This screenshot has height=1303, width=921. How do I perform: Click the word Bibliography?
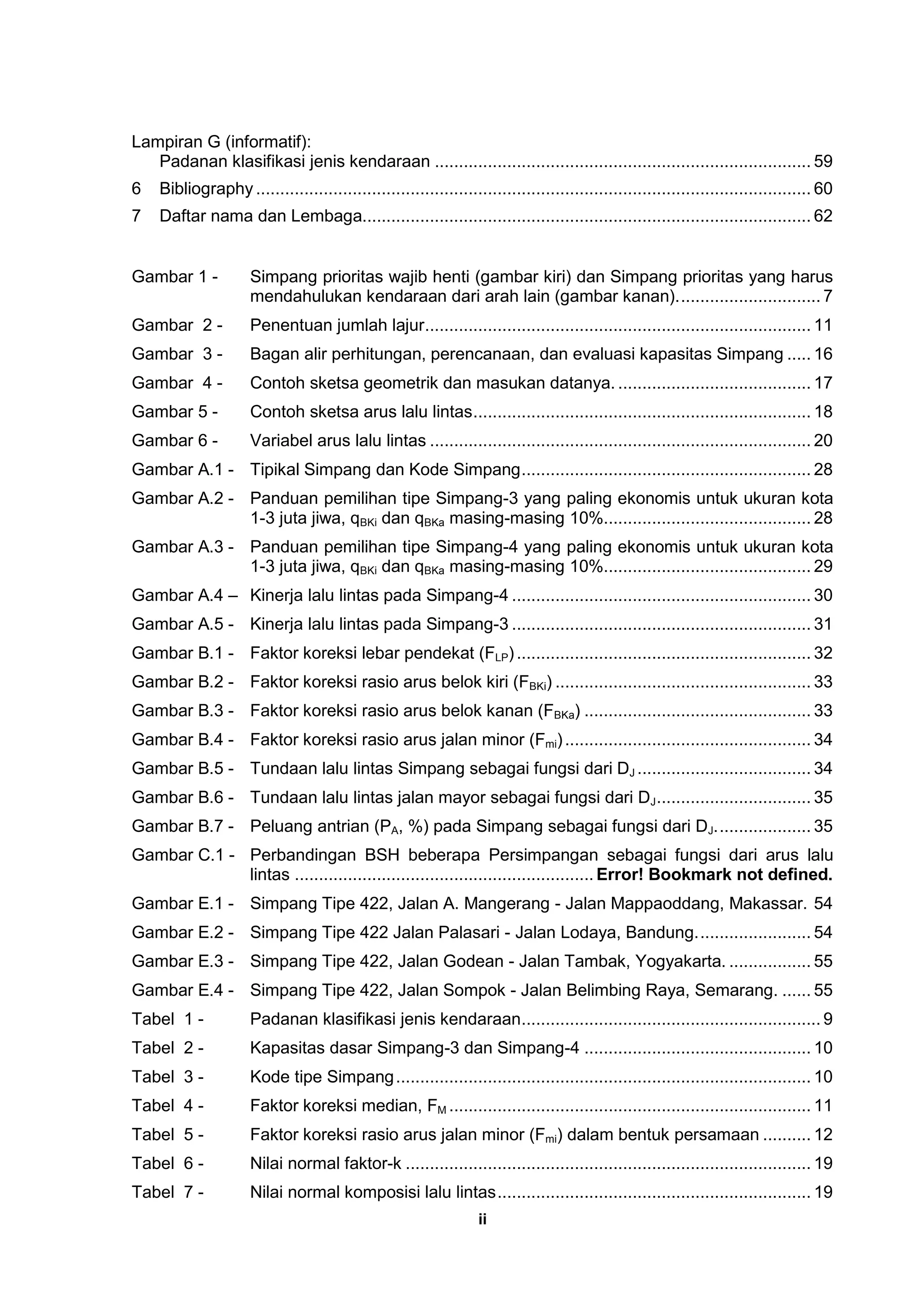pyautogui.click(x=206, y=189)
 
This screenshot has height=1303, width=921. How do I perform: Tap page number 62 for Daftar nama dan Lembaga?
pyautogui.click(x=823, y=216)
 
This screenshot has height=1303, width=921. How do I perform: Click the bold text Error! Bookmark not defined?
pyautogui.click(x=714, y=875)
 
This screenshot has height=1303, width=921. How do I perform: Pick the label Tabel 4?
pyautogui.click(x=167, y=1105)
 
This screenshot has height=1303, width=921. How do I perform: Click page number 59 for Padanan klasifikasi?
pyautogui.click(x=823, y=162)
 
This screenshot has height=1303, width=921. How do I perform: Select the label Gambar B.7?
pyautogui.click(x=183, y=826)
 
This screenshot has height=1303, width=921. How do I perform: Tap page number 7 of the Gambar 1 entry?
pyautogui.click(x=827, y=296)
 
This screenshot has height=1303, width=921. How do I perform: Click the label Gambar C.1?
pyautogui.click(x=183, y=855)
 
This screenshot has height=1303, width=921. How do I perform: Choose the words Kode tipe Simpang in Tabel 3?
pyautogui.click(x=322, y=1077)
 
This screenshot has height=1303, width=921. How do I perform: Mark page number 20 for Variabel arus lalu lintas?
pyautogui.click(x=823, y=441)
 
